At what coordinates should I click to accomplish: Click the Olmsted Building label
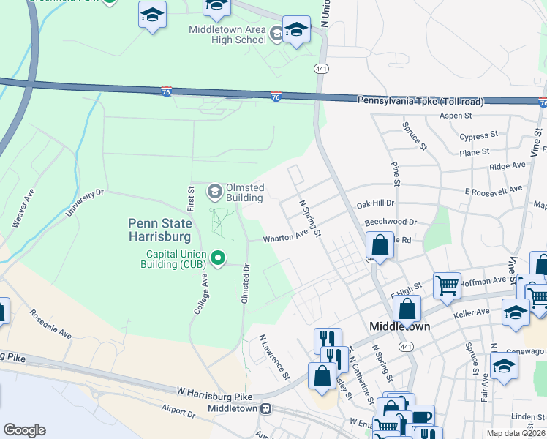point(244,192)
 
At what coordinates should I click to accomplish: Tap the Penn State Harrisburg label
point(159,230)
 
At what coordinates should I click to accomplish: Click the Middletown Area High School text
point(227,34)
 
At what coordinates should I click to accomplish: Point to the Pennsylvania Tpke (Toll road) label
point(420,100)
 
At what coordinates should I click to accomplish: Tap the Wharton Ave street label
point(286,237)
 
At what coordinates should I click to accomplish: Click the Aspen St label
point(459,116)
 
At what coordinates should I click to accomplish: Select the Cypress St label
point(478,136)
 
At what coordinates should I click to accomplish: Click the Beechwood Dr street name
point(390,221)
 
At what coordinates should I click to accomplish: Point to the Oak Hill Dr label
point(374,203)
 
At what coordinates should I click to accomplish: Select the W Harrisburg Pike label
point(214,395)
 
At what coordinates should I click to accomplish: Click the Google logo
point(24,430)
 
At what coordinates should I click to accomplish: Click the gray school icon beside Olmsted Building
point(214,192)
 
